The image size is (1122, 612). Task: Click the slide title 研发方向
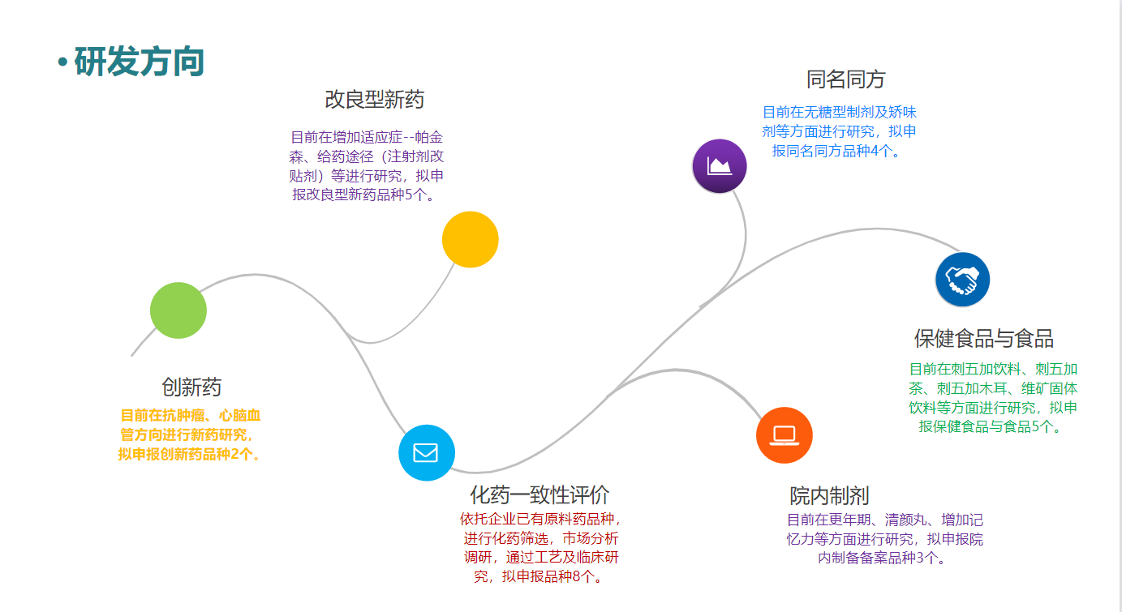pyautogui.click(x=139, y=62)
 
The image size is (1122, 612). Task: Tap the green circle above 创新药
pyautogui.click(x=178, y=310)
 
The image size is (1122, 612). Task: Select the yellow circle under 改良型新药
pyautogui.click(x=470, y=239)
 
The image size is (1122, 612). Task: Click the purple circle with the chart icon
pyautogui.click(x=720, y=166)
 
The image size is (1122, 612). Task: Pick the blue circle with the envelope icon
pyautogui.click(x=427, y=452)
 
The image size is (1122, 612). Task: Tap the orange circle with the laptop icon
pyautogui.click(x=784, y=435)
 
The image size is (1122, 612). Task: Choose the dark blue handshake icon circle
pyautogui.click(x=962, y=280)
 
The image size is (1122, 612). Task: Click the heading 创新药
pyautogui.click(x=191, y=387)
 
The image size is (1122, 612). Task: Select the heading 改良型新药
pyautogui.click(x=374, y=100)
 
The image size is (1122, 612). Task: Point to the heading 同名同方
pyautogui.click(x=845, y=79)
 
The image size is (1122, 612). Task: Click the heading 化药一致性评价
pyautogui.click(x=540, y=494)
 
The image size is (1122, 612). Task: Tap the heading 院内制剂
pyautogui.click(x=829, y=494)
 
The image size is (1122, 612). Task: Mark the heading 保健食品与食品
pyautogui.click(x=984, y=339)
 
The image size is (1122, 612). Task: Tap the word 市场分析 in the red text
pyautogui.click(x=591, y=538)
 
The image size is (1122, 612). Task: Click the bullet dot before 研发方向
pyautogui.click(x=62, y=63)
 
